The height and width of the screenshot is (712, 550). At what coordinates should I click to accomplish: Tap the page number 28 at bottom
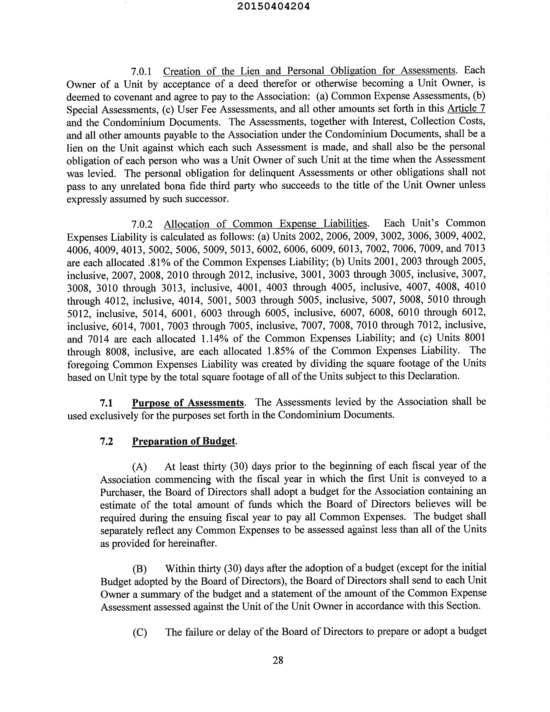[x=278, y=660]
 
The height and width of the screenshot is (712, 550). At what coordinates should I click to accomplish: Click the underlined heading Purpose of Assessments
[x=188, y=403]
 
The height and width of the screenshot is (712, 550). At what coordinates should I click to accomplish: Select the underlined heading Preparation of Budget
[x=183, y=441]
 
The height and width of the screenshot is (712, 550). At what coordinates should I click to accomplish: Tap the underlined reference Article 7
[x=466, y=108]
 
